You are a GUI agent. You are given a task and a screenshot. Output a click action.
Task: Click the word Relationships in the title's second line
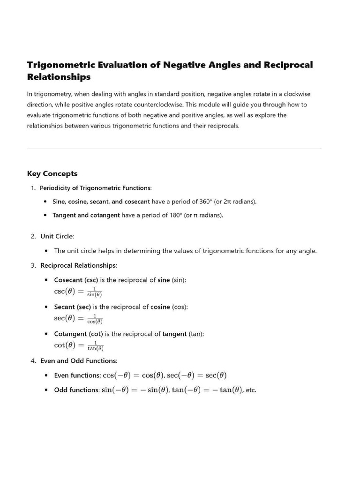click(59, 76)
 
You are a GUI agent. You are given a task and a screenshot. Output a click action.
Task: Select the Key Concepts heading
click(52, 173)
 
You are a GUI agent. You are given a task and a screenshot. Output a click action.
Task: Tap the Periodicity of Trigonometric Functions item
click(96, 188)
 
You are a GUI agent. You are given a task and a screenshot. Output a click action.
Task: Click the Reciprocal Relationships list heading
click(79, 265)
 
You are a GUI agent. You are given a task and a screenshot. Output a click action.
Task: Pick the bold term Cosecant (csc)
click(76, 280)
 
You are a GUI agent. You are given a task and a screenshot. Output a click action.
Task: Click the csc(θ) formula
click(78, 291)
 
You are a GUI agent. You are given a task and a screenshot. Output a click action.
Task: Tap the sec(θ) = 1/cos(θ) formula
click(78, 318)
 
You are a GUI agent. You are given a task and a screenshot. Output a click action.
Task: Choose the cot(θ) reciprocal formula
click(79, 345)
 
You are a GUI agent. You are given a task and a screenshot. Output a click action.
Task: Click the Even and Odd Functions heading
click(79, 361)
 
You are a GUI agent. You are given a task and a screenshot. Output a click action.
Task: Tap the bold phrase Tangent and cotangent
click(86, 215)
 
